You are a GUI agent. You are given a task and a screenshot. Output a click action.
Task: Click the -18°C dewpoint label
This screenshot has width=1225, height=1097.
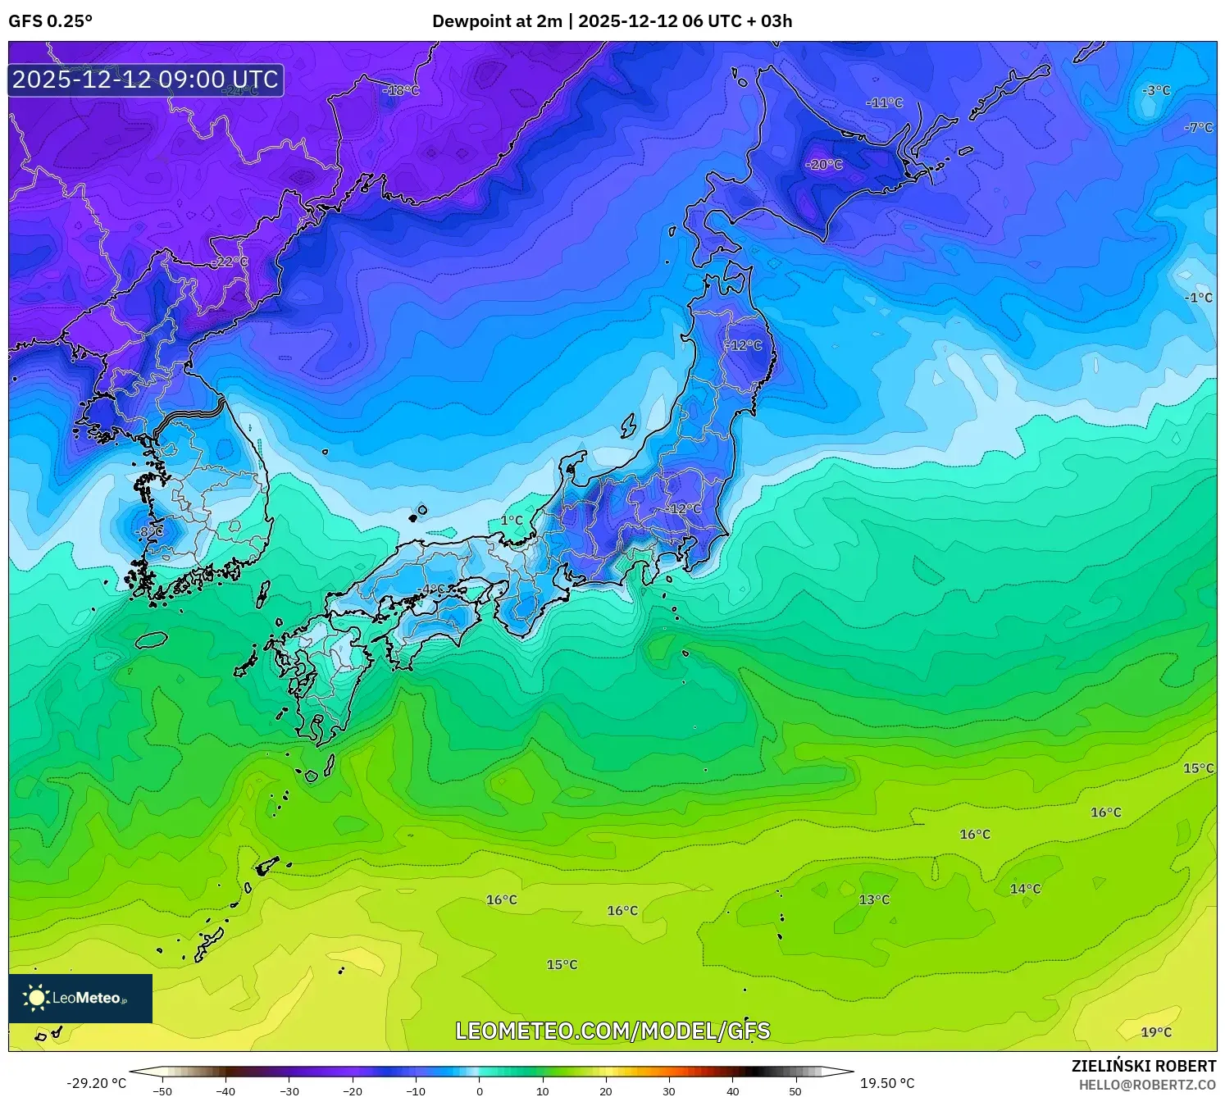[401, 90]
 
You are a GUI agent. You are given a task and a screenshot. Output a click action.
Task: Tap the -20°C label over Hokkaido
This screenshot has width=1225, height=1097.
[824, 165]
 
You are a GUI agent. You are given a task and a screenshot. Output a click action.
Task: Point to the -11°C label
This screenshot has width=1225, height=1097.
[884, 103]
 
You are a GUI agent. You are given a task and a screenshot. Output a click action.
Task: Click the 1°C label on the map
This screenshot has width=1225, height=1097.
[512, 521]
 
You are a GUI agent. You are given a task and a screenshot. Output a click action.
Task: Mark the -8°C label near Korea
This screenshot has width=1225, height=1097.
[149, 531]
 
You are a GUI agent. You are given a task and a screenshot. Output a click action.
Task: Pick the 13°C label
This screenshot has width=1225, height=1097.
[874, 899]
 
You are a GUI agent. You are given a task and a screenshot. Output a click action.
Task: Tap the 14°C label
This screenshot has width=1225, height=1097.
[1025, 889]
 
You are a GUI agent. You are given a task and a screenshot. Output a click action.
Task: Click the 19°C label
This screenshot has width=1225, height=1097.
[1156, 1032]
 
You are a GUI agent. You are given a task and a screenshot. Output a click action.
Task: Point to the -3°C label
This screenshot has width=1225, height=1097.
[1156, 90]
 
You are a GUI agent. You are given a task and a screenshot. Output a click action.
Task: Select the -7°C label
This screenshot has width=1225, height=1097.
[1198, 127]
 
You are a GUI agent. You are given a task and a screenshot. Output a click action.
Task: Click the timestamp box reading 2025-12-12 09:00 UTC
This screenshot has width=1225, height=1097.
[146, 80]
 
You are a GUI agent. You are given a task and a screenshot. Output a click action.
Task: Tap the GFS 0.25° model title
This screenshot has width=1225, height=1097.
[50, 21]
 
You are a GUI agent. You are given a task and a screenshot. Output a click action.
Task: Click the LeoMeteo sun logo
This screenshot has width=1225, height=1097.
[36, 998]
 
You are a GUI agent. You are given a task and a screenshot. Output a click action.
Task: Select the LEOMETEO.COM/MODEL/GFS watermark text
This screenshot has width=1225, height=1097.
[612, 1031]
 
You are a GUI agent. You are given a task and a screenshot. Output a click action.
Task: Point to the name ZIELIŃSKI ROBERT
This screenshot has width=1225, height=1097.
[1144, 1066]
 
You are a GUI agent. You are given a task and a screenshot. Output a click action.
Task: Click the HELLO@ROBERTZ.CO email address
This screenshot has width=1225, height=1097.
[1147, 1085]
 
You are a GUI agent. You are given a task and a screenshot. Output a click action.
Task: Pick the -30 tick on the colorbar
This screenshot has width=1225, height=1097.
[289, 1091]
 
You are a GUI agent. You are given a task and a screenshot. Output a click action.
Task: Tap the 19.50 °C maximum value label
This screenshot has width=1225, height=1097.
[887, 1083]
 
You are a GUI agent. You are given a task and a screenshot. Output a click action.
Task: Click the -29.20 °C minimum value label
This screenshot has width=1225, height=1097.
[97, 1083]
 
